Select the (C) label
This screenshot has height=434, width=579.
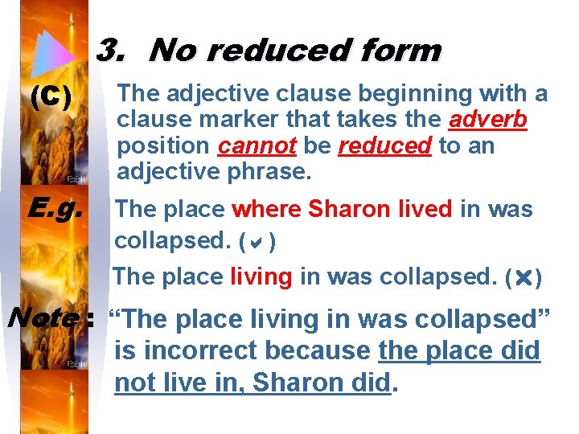pyautogui.click(x=50, y=97)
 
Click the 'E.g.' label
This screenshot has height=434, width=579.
pyautogui.click(x=54, y=209)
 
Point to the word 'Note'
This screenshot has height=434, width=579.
pyautogui.click(x=43, y=318)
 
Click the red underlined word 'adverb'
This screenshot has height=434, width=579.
pyautogui.click(x=487, y=121)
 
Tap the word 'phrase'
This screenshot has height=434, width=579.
pyautogui.click(x=267, y=172)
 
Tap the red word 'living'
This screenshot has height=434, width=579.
pyautogui.click(x=261, y=277)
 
